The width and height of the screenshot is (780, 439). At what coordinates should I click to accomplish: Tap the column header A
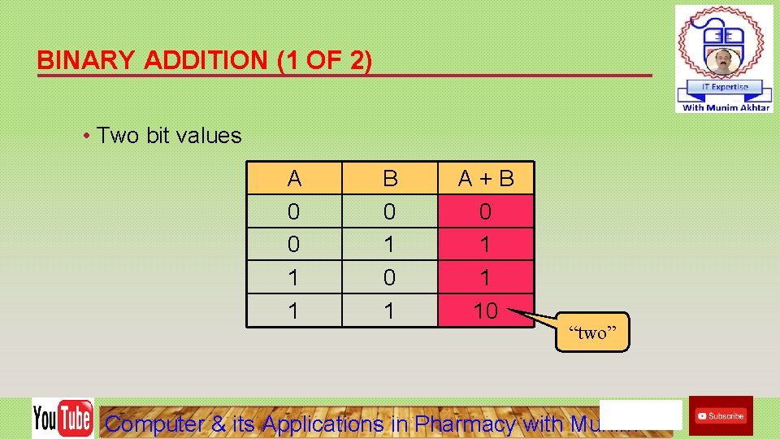pos(294,178)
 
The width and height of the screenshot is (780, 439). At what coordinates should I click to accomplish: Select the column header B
pos(390,178)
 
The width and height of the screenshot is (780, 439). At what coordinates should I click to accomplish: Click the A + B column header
pos(486,178)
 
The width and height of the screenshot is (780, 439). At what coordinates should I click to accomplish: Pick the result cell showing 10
pos(486,311)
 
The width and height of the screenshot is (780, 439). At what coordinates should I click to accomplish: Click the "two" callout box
pos(592,333)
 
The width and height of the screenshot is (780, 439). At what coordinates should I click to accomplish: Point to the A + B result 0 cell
pos(486,211)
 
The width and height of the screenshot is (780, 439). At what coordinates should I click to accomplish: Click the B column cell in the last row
pos(390,311)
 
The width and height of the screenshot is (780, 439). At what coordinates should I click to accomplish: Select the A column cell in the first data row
pos(294,211)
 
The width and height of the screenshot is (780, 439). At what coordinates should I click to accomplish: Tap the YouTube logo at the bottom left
pos(63,418)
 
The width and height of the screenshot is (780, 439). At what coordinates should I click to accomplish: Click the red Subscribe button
pos(721,415)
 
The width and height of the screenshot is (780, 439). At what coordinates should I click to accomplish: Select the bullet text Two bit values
pos(169,135)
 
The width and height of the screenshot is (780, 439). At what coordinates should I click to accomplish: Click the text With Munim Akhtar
pos(726,107)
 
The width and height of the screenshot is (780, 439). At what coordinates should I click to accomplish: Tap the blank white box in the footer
pos(640,414)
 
